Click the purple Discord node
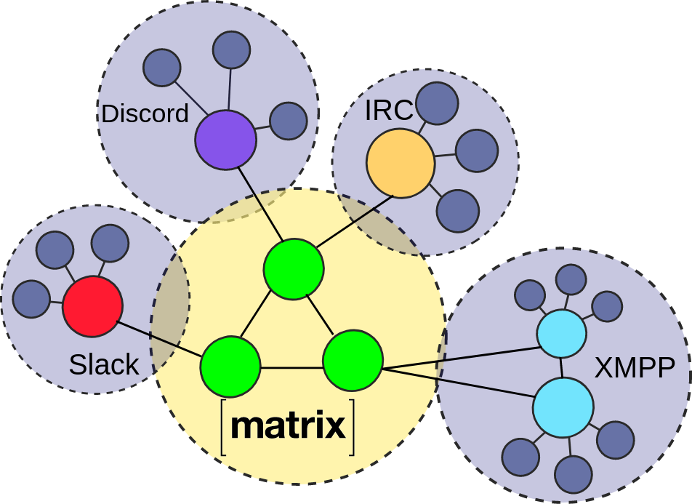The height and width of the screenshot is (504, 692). (x=226, y=140)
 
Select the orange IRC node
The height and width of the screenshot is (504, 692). (x=401, y=164)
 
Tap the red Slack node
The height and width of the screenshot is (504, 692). (x=92, y=306)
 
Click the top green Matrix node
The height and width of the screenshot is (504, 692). (x=294, y=268)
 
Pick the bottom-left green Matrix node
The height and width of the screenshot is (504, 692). (x=230, y=366)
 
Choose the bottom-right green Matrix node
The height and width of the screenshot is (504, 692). (x=353, y=361)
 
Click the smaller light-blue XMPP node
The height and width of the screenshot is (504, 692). (x=562, y=334)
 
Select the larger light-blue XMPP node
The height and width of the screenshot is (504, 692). (x=563, y=407)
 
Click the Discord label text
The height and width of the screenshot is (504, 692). (x=145, y=113)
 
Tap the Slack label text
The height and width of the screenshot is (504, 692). (x=104, y=364)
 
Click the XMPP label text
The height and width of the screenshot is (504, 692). (x=635, y=369)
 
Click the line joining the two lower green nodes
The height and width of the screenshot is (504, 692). (x=291, y=368)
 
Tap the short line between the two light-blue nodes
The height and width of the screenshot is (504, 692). (x=562, y=368)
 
